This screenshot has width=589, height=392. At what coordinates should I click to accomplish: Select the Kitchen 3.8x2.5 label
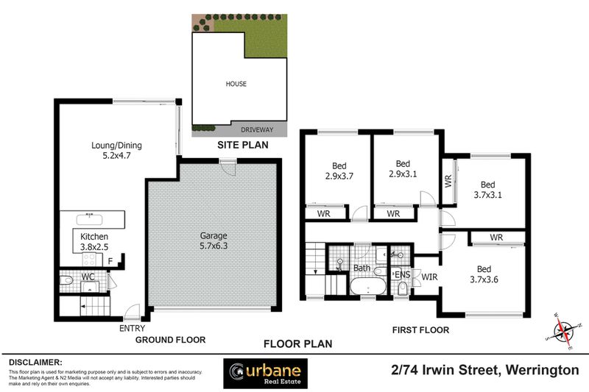(94, 241)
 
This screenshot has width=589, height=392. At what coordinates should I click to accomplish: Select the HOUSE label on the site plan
(236, 84)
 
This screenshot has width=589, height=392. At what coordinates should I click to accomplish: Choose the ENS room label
(402, 274)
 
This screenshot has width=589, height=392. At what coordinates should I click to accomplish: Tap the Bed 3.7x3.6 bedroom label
(484, 274)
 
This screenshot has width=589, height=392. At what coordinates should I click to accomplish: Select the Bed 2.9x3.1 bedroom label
(402, 168)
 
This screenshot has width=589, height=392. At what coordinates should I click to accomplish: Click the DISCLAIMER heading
(35, 363)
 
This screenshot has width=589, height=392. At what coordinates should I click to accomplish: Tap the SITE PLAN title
(242, 146)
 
